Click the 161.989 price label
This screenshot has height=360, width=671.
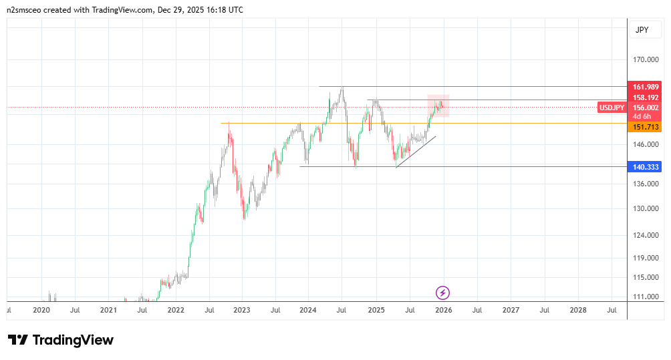tap(646, 87)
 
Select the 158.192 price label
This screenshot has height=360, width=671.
tap(646, 98)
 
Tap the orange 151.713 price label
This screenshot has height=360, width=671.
tap(646, 127)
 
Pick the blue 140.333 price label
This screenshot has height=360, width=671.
tap(646, 167)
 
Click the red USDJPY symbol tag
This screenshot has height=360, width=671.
tap(612, 108)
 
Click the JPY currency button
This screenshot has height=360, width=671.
tap(642, 30)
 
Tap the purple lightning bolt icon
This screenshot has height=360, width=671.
tap(442, 292)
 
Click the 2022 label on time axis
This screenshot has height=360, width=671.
tap(176, 310)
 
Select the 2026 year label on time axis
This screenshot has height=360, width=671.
tap(443, 310)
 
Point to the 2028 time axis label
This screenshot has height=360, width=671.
tap(578, 310)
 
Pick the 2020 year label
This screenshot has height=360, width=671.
tap(41, 310)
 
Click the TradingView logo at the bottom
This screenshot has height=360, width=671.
tap(61, 340)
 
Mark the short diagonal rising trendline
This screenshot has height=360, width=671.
tap(416, 152)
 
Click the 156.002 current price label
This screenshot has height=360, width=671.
tap(646, 108)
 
